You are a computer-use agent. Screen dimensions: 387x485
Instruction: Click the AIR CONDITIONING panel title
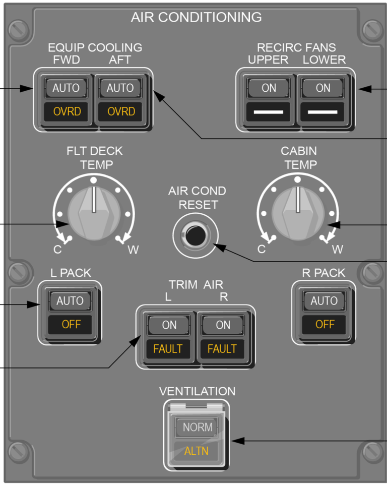click(x=196, y=17)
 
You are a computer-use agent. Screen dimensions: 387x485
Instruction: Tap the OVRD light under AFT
click(x=121, y=111)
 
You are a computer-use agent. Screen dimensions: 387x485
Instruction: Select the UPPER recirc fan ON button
click(x=269, y=88)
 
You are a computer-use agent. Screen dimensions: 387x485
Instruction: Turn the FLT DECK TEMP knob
click(x=93, y=212)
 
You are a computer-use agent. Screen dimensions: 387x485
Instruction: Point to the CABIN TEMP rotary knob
click(x=298, y=212)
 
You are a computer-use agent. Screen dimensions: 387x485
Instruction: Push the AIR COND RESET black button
click(x=195, y=235)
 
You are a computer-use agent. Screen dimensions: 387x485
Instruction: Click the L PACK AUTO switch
click(x=70, y=301)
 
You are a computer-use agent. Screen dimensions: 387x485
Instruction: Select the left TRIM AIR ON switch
click(x=169, y=325)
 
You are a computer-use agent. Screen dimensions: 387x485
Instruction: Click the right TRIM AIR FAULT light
click(x=222, y=348)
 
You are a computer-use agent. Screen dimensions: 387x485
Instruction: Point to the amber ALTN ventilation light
click(x=196, y=451)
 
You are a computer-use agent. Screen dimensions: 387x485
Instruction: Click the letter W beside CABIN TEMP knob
click(x=337, y=249)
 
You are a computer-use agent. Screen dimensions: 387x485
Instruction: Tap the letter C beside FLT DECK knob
click(x=58, y=249)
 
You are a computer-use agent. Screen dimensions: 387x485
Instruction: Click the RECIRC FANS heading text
click(x=296, y=47)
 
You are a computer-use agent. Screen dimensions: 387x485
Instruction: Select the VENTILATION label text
click(x=197, y=391)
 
